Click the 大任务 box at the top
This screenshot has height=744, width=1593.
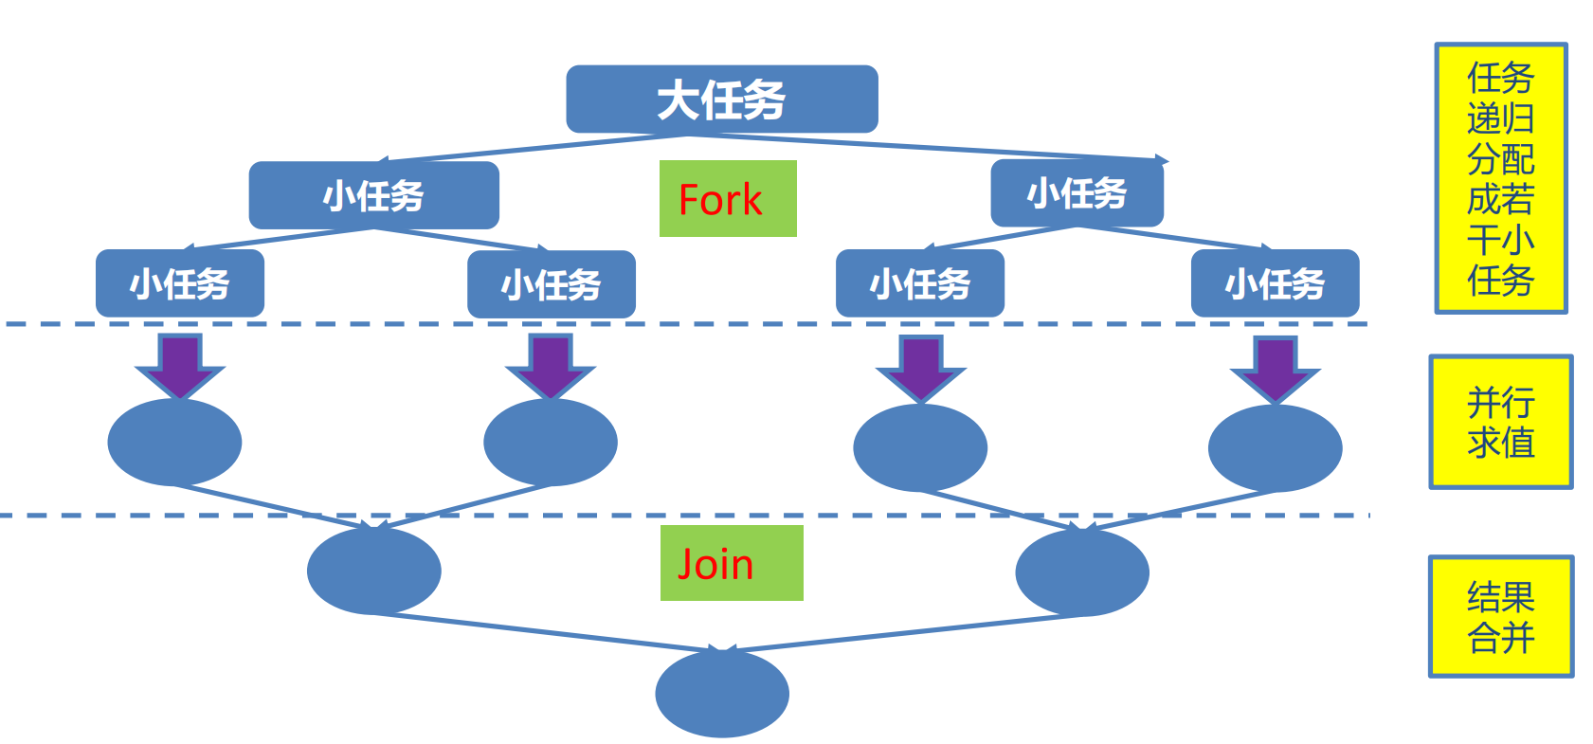(x=721, y=100)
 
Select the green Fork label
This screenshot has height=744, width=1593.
(x=727, y=199)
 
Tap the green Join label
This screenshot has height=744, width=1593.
(x=731, y=563)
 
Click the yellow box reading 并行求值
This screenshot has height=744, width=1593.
(x=1500, y=423)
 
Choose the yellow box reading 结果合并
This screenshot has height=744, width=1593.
(x=1500, y=617)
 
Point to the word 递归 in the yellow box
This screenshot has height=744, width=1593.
(x=1500, y=119)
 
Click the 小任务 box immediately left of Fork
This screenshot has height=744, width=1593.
(x=373, y=195)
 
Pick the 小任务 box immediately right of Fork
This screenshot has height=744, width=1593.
(x=1077, y=193)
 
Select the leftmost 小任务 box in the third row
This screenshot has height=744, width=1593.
(x=179, y=283)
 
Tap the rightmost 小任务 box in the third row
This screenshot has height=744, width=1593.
(x=1275, y=283)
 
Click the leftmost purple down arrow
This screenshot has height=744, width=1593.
(x=179, y=366)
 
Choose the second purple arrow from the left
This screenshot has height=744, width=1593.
(x=551, y=366)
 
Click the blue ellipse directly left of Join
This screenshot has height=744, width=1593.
(x=373, y=571)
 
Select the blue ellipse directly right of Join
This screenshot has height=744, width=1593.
(x=1081, y=572)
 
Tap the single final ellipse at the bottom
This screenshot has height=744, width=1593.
(x=721, y=694)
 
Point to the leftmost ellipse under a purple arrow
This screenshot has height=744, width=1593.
(x=174, y=442)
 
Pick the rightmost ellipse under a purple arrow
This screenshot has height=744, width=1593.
(x=1275, y=447)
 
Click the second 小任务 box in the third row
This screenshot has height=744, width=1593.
(x=551, y=284)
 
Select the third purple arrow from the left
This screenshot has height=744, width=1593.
(x=920, y=368)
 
